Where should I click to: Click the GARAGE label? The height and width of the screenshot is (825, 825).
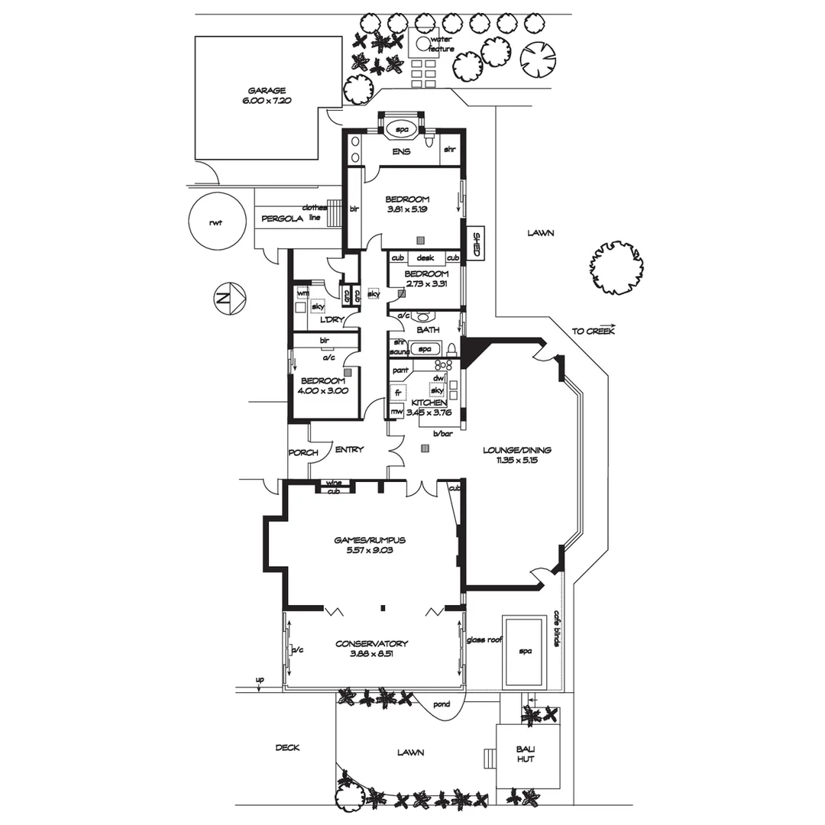click(267, 90)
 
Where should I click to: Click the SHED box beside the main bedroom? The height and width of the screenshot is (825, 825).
click(475, 244)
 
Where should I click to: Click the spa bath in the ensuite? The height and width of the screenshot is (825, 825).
click(402, 130)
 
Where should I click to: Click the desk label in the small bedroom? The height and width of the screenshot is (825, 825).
click(425, 258)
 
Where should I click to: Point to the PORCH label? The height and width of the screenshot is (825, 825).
click(302, 452)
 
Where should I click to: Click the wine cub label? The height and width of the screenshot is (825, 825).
click(333, 487)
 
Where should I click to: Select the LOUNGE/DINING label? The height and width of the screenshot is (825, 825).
click(516, 450)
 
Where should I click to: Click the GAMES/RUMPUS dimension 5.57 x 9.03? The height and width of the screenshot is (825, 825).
click(369, 550)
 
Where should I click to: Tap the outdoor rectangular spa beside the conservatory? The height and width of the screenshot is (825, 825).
click(525, 651)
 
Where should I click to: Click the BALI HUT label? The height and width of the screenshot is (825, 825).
click(525, 754)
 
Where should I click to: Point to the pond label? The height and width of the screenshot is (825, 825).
click(441, 704)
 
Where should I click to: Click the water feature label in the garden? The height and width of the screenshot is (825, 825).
click(441, 44)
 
